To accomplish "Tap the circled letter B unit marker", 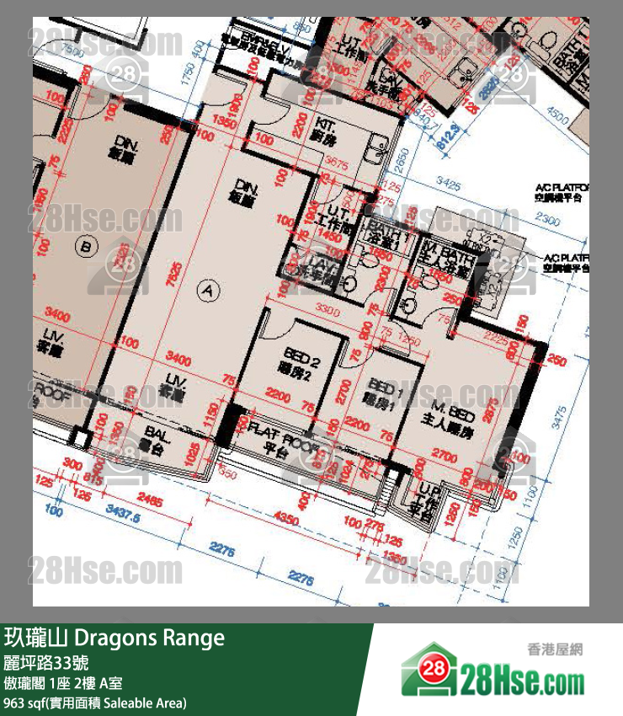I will pyautogui.click(x=83, y=246).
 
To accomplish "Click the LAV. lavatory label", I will pyautogui.click(x=322, y=269).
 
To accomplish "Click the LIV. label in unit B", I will pyautogui.click(x=52, y=339).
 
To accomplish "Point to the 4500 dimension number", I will pyautogui.click(x=558, y=110).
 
